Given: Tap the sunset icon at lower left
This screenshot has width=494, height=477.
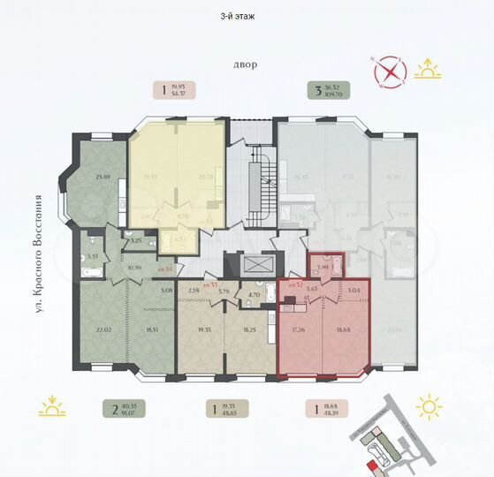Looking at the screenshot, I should pos(52,408).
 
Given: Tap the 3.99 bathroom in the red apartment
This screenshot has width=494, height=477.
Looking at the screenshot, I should pos(323,267).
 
